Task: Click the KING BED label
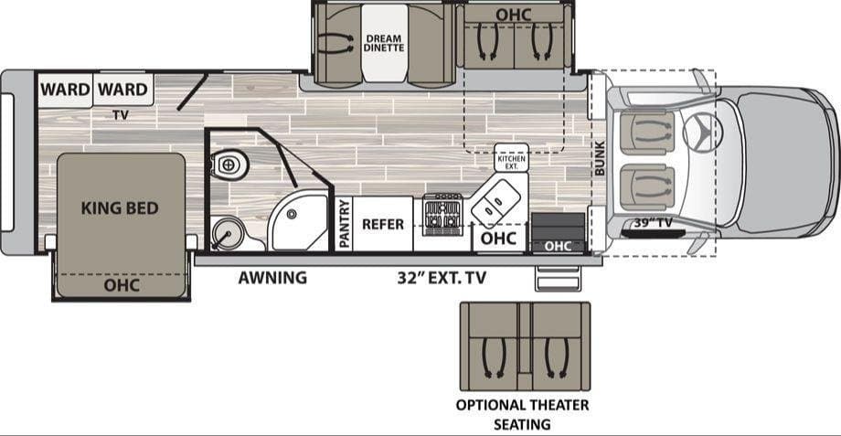[x=120, y=208]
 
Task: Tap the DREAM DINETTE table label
[x=384, y=43]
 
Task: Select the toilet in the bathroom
[x=229, y=164]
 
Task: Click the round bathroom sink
[x=228, y=233]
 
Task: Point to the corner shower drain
[x=292, y=215]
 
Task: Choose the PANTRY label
[x=345, y=224]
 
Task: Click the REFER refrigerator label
[x=382, y=224]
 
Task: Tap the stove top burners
[x=442, y=215]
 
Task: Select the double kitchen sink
[x=495, y=203]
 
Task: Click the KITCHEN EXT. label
[x=511, y=162]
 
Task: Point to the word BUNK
[x=600, y=158]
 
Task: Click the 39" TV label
[x=653, y=222]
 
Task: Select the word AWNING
[x=272, y=278]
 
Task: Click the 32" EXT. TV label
[x=442, y=278]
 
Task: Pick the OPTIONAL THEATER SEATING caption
[x=522, y=414]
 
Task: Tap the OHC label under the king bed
[x=122, y=285]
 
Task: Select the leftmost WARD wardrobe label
[x=64, y=89]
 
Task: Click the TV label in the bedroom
[x=121, y=114]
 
